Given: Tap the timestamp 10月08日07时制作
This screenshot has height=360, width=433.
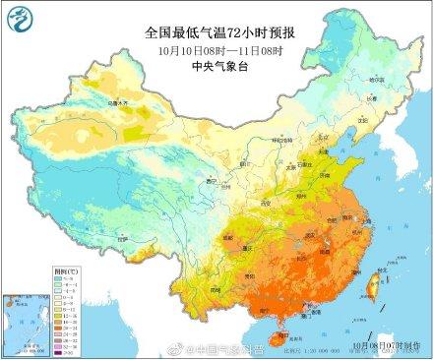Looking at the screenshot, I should [x=389, y=347].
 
